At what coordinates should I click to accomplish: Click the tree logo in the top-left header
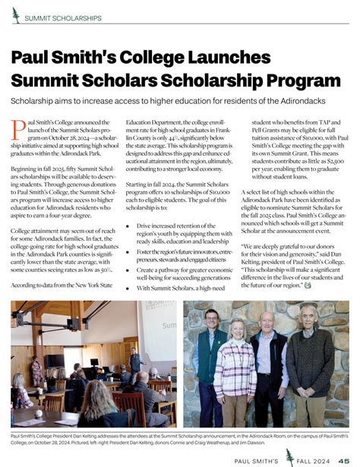coord(15,16)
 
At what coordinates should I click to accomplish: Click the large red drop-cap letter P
coord(18,130)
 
